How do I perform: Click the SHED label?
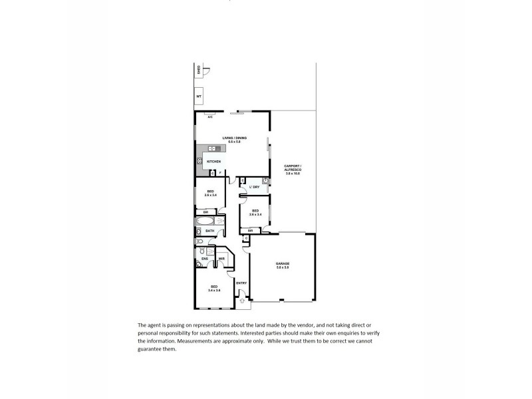(198, 69)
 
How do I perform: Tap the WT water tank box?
(199, 97)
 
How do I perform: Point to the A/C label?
(210, 117)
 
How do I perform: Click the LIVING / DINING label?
(234, 138)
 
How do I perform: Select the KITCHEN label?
(213, 162)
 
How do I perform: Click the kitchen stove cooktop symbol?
(199, 161)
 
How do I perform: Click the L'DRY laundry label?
(254, 188)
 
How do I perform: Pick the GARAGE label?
(283, 263)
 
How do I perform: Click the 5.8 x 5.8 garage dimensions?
(283, 267)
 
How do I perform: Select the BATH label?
(209, 231)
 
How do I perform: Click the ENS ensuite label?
(204, 258)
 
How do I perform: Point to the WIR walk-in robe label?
(220, 258)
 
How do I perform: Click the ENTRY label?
(241, 284)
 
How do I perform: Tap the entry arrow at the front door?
(241, 301)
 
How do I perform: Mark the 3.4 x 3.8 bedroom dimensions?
(213, 291)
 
